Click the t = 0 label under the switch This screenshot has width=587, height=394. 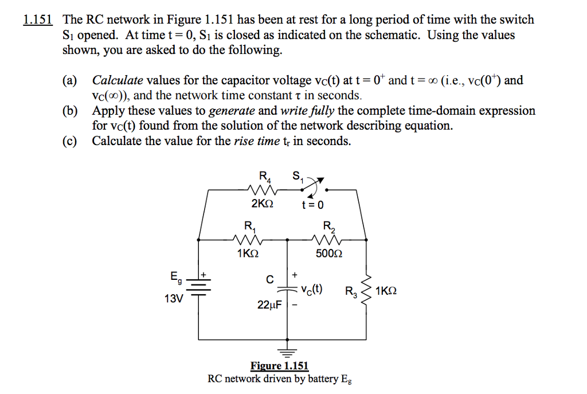(312, 205)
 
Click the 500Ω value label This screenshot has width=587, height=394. (330, 253)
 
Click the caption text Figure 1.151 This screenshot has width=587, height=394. (279, 366)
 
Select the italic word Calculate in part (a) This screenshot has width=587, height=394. (118, 80)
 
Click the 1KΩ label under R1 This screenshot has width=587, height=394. (248, 253)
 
